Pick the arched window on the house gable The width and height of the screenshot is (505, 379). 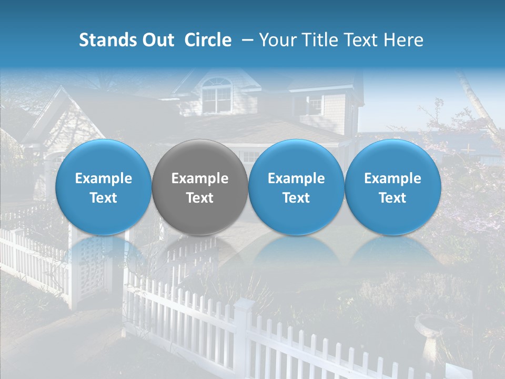coord(216,95)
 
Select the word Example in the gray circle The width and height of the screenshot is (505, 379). coord(200,178)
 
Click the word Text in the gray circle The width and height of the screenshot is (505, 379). coord(200,198)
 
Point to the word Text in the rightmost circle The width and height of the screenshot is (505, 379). coord(392,198)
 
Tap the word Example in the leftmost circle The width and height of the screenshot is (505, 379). coord(104,178)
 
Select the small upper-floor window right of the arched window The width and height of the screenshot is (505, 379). coord(315,104)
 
